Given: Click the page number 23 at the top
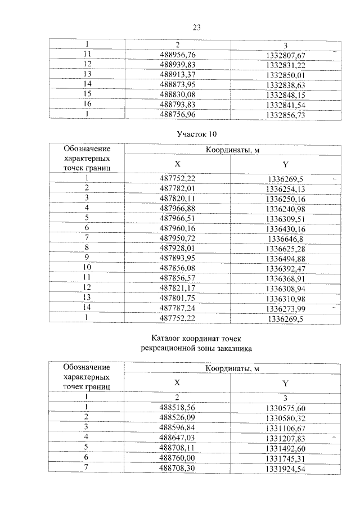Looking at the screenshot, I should tap(196, 28).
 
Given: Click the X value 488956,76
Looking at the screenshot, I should tap(177, 54).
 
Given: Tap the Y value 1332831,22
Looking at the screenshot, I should tap(285, 64).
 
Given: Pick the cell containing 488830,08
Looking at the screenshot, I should tap(177, 94).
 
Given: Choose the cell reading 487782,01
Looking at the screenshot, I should tap(177, 188).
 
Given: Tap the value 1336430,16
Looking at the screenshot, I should tap(285, 228).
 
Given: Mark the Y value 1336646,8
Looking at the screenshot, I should tap(285, 238).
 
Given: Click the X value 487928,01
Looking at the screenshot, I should tap(177, 248).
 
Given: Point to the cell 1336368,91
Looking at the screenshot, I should tap(285, 278).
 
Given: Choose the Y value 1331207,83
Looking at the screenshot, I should tap(285, 437).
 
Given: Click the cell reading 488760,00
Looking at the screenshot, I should tap(177, 457).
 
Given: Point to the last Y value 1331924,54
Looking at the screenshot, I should tap(285, 467).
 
